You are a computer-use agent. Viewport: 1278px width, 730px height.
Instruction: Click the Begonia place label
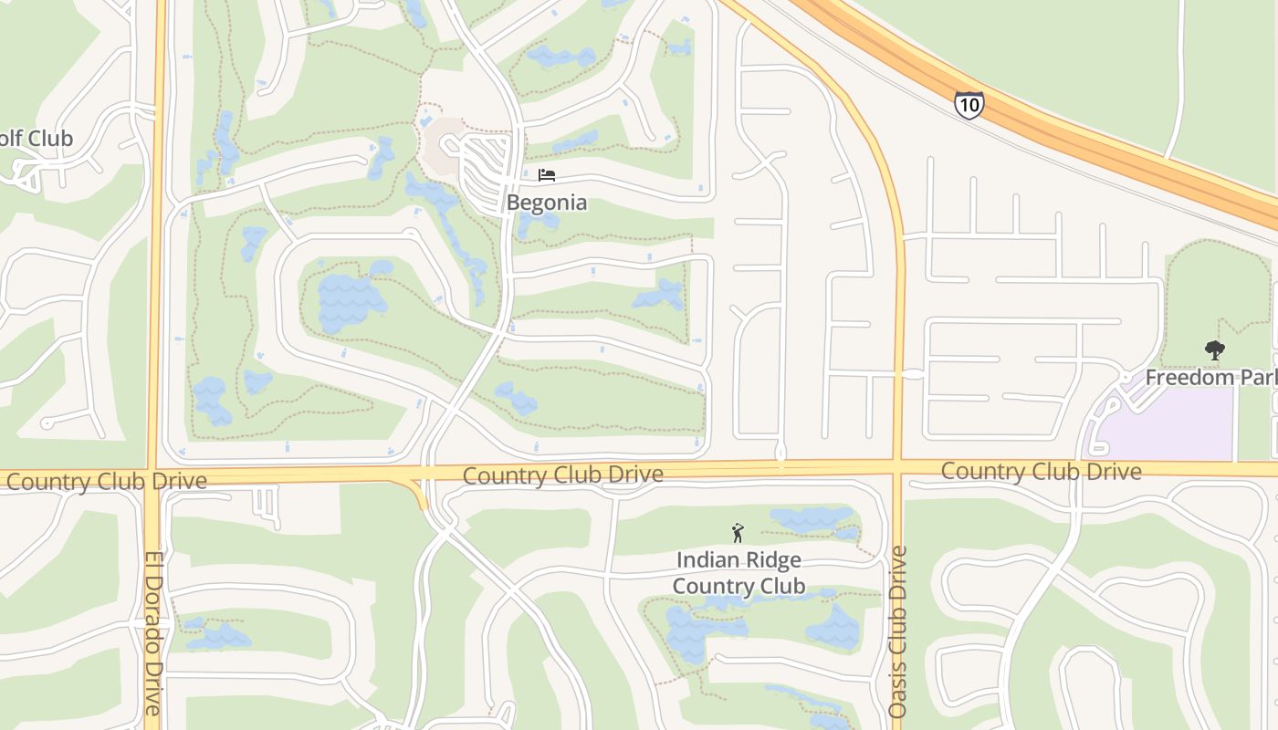coord(547,202)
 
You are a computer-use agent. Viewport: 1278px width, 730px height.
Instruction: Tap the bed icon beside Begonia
coord(547,174)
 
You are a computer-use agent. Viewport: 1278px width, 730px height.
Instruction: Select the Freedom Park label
coord(1210,377)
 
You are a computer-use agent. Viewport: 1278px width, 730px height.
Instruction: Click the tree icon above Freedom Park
coord(1214,349)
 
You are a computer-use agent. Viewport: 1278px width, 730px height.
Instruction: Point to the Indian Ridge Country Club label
coord(739,572)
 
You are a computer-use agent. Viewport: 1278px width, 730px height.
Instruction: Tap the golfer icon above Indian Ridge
coord(738,533)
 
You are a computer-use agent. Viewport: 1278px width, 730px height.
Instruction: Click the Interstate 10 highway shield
coord(969,105)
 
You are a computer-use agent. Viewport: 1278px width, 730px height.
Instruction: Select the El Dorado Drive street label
coord(152,632)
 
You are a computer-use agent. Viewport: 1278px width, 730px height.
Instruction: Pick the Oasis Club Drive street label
coord(898,631)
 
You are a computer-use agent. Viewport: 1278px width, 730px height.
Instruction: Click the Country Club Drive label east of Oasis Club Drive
coord(1041,471)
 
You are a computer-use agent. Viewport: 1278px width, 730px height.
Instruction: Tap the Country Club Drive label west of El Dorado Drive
coord(106,481)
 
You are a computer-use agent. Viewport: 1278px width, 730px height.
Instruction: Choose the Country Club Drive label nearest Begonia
coord(562,474)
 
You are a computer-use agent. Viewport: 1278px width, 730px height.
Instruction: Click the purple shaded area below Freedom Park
coord(1168,424)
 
